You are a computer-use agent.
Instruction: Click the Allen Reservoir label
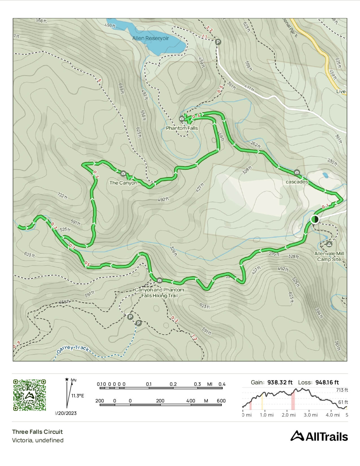point(150,38)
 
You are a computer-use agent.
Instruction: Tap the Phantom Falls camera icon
point(182,119)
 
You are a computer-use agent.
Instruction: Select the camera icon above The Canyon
point(123,173)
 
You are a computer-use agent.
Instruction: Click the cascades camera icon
point(296,172)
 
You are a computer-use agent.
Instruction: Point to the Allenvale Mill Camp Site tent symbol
point(329,244)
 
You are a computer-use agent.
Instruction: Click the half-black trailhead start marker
point(315,219)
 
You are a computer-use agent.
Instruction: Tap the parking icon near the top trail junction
point(218,42)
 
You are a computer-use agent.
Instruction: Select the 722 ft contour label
point(62,195)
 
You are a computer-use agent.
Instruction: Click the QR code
point(29,395)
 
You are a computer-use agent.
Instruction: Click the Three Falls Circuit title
point(37,432)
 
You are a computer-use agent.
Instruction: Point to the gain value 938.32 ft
point(280,382)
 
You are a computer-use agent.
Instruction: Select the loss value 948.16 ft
point(327,382)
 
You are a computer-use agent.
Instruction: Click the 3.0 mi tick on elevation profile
point(311,415)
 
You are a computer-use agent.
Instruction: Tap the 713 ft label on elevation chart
point(342,390)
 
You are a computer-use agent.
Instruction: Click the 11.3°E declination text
point(77,396)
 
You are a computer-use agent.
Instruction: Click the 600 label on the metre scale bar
point(221,401)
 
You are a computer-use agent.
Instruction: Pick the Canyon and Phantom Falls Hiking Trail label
point(160,293)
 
